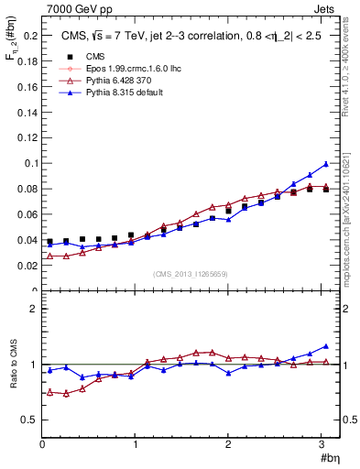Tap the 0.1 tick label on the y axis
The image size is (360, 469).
point(29,163)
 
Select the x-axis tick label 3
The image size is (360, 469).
point(322,446)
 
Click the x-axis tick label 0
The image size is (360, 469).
point(42,446)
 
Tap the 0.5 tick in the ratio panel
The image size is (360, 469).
point(29,420)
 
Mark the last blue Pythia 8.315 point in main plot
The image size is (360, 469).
point(325,164)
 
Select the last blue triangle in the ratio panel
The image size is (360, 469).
point(325,346)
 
